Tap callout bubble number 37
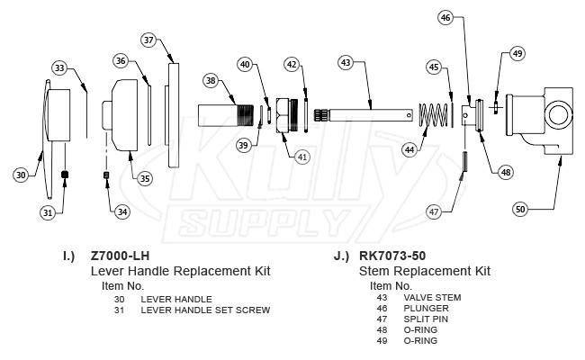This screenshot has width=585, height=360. pos(149,40)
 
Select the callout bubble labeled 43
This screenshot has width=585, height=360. pos(347,64)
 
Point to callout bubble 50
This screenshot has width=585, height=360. pos(520,209)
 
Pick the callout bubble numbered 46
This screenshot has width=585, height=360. pos(447,17)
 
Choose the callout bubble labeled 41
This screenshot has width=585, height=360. pos(301,156)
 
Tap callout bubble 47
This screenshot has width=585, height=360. pos(434,211)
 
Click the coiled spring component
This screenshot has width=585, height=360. pos(436,116)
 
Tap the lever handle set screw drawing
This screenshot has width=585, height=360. pos(65,174)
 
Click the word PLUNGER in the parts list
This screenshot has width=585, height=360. pos(424,308)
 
